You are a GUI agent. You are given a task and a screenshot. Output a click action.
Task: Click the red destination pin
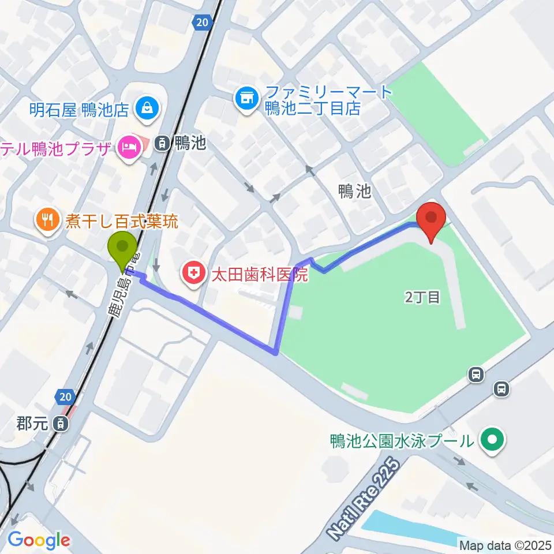[432, 218]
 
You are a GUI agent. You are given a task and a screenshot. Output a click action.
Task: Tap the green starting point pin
[122, 248]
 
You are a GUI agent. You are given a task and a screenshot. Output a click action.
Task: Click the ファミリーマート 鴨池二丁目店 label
[312, 100]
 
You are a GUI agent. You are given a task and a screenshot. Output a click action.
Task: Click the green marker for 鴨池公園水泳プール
[492, 441]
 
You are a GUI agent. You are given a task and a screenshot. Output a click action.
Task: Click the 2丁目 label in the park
[422, 298]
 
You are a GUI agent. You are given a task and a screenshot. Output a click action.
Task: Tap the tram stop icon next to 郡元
[59, 424]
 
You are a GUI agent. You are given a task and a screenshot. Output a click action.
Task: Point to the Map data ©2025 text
[506, 544]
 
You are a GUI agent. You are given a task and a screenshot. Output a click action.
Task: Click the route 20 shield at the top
[200, 23]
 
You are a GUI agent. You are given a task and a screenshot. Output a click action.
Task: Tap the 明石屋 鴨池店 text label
[79, 109]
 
